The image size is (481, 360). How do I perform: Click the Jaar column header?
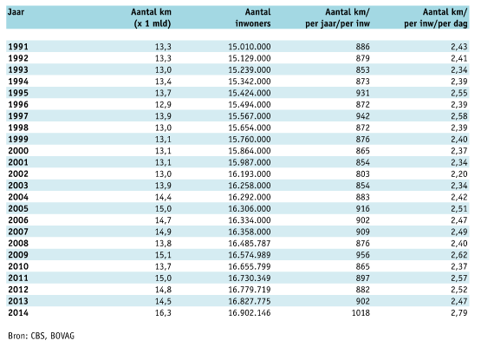(16, 12)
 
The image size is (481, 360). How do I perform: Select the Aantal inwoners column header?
(253, 17)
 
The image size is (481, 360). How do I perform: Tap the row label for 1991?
(18, 47)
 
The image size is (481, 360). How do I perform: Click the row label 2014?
(18, 313)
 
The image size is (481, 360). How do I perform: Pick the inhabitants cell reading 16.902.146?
(250, 313)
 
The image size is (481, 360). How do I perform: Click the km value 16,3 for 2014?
(163, 313)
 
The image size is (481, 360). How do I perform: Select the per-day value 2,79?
(459, 313)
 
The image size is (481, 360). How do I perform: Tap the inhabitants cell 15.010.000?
(250, 47)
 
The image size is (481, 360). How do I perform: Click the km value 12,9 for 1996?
(163, 105)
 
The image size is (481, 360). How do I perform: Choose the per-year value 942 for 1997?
(363, 116)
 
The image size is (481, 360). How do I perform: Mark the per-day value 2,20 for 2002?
(459, 174)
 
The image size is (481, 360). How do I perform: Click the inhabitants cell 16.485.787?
(250, 244)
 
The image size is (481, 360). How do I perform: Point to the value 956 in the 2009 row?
(363, 255)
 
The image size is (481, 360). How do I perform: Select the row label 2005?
(18, 209)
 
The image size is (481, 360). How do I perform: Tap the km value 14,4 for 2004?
(163, 197)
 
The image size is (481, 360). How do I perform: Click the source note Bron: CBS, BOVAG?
(41, 336)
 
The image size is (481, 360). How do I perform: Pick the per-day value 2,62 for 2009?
(459, 255)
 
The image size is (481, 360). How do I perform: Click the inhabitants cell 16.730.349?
(250, 278)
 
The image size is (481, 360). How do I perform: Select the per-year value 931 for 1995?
(363, 93)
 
